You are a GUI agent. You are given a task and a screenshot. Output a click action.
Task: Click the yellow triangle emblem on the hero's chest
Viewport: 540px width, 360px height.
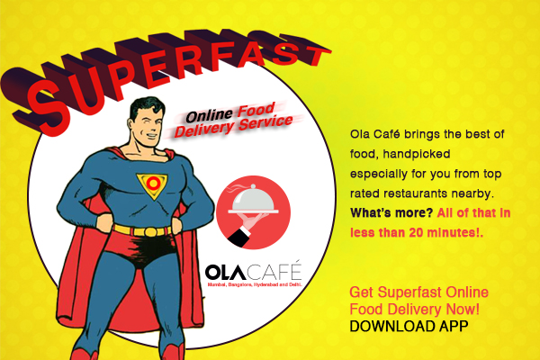[152, 185]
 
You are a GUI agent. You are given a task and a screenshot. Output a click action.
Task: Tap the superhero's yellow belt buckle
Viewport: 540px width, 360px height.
[151, 231]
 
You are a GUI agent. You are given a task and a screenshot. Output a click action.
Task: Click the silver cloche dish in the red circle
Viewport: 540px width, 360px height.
[254, 199]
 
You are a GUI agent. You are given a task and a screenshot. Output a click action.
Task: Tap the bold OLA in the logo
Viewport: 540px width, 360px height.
[226, 272]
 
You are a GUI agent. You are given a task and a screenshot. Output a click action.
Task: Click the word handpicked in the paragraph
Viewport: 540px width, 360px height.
[417, 154]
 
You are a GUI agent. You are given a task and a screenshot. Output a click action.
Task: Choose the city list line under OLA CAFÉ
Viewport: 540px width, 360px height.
[255, 285]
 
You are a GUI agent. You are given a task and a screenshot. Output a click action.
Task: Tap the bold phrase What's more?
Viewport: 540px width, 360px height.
[391, 213]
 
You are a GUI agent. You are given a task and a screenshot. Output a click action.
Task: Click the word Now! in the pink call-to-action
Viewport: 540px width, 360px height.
[463, 309]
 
